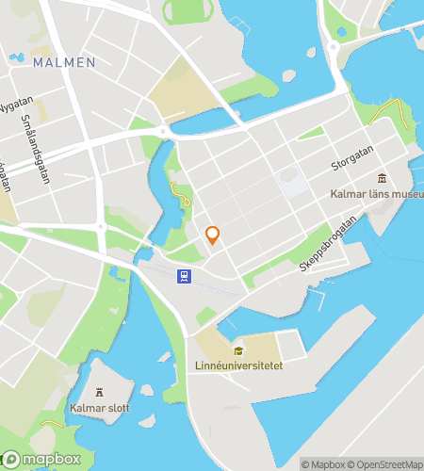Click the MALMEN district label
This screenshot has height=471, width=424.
point(63,62)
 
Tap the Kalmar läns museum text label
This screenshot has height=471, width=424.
point(376,194)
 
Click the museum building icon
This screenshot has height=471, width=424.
point(382,179)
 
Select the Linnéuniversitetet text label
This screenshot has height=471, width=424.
point(238,365)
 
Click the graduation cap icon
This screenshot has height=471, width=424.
point(238,350)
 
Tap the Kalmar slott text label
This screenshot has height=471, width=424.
point(99,409)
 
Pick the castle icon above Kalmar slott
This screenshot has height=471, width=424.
point(100,393)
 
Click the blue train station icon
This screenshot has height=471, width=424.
point(183,276)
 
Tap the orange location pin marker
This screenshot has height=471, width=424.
point(213,235)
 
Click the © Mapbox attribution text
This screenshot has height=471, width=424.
point(324,463)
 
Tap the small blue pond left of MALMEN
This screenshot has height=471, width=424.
point(15,57)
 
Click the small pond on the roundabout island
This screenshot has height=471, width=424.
point(341,32)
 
